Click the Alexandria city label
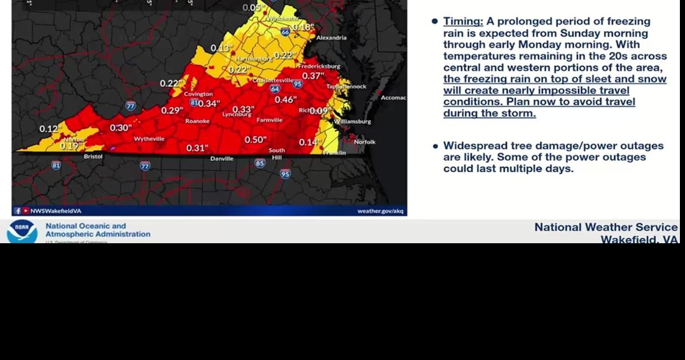click(x=331, y=38)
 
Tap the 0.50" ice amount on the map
click(x=256, y=139)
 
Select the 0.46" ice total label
click(x=286, y=100)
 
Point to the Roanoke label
click(x=197, y=121)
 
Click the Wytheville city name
click(x=149, y=139)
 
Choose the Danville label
click(x=222, y=159)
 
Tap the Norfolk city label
click(x=364, y=142)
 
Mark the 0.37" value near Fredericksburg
click(x=313, y=76)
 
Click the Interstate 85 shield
click(x=260, y=164)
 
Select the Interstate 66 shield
click(x=285, y=32)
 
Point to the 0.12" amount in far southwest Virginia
click(x=50, y=129)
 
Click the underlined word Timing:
click(x=463, y=22)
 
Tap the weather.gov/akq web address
click(x=380, y=211)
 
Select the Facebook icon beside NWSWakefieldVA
click(x=18, y=211)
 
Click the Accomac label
click(x=393, y=98)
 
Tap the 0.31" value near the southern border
click(x=197, y=149)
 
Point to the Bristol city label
click(x=93, y=156)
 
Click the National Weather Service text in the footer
click(x=606, y=227)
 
